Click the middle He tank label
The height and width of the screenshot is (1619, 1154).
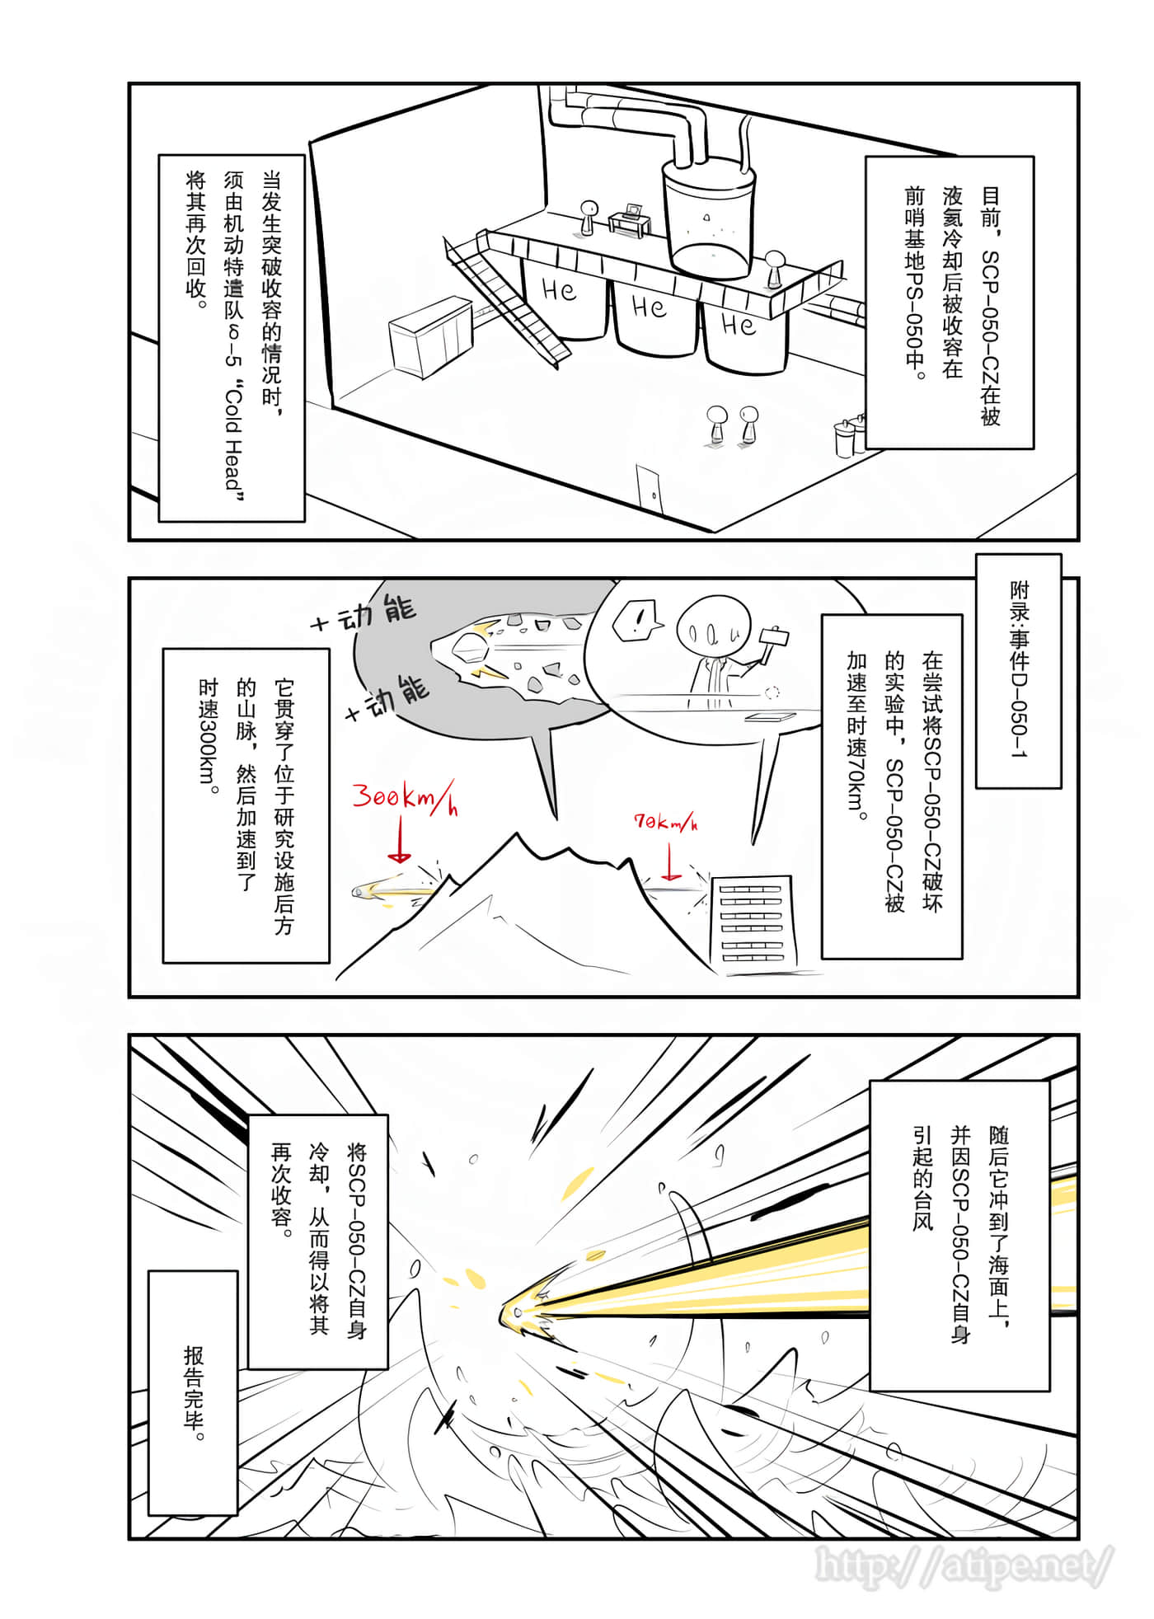tap(649, 307)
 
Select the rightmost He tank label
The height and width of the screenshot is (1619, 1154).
tap(739, 324)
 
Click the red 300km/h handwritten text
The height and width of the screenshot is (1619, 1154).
tap(404, 798)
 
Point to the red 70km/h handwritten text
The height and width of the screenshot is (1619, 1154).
tap(665, 822)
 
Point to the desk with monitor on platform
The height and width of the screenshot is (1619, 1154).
tap(630, 221)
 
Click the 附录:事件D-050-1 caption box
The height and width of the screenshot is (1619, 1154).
tap(1018, 670)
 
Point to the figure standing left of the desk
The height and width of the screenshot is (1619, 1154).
tap(588, 217)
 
